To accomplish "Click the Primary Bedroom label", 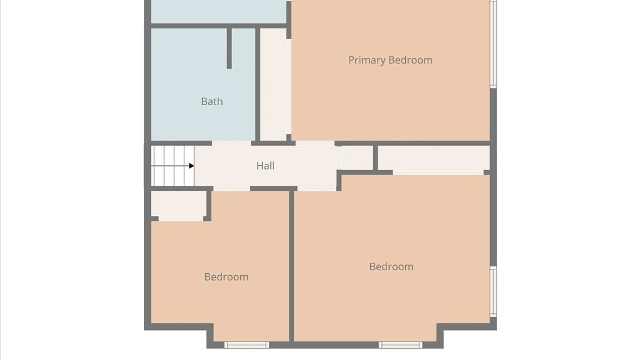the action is point(390,60).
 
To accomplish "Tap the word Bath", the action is point(212,101).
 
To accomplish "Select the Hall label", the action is point(265,166).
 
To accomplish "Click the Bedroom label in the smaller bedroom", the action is point(226,277).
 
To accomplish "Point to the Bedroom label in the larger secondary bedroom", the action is point(391,267).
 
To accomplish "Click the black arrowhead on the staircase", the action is point(191,166).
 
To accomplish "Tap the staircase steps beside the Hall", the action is point(173,166).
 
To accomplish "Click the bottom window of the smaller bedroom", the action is point(246,345).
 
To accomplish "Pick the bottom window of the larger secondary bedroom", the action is point(400,345).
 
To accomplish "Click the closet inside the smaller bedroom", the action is point(179,204).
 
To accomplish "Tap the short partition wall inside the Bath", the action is point(229,48).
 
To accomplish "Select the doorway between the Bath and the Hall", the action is point(232,143).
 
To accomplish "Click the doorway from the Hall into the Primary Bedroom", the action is point(315,143).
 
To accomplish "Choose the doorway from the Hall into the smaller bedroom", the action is point(232,189).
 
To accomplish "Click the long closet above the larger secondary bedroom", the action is point(434,158).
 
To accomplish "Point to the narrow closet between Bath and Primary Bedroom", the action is point(273,84).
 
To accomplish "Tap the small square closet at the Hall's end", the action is point(357,158).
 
